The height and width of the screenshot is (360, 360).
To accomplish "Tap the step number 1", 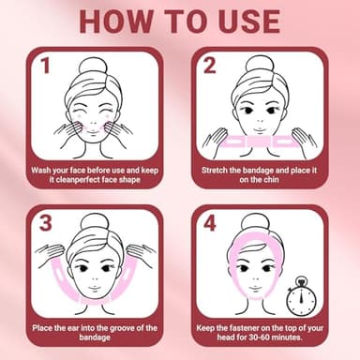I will coord(44,66).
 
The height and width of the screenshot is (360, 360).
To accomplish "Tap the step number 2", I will coord(211,66).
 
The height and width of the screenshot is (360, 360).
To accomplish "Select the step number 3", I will coord(43,224).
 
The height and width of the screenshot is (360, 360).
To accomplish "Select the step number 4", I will coord(211,224).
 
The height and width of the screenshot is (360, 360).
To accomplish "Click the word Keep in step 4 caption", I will coord(215,327).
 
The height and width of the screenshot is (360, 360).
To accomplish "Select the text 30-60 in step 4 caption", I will coord(246,339).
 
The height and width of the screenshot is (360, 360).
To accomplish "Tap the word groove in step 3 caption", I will coord(117,327).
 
